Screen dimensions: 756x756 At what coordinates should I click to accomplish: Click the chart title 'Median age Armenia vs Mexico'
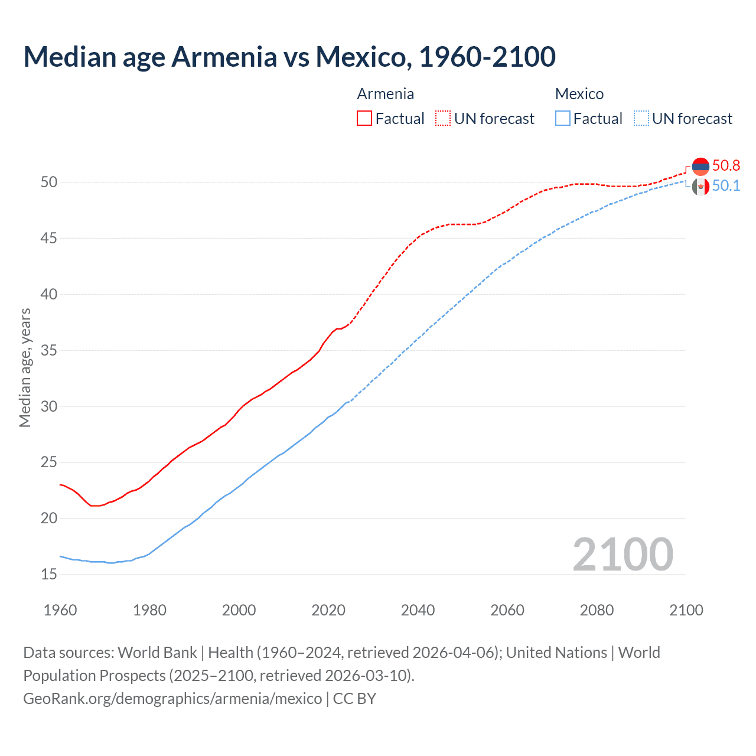pos(289,57)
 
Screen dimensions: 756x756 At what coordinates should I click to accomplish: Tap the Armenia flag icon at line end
pos(700,167)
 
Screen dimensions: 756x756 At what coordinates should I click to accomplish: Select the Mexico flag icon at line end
pos(700,187)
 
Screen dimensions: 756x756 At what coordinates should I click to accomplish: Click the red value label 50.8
pos(726,165)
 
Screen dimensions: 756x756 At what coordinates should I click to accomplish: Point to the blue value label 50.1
pos(726,185)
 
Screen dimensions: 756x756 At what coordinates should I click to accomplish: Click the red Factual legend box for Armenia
pos(364,118)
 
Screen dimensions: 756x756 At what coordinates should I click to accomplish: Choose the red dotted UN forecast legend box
pos(443,118)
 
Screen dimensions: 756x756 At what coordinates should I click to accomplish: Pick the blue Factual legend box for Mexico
pos(563,118)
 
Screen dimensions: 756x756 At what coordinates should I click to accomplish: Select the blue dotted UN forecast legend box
pos(641,118)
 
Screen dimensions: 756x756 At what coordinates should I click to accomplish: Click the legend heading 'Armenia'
pos(385,94)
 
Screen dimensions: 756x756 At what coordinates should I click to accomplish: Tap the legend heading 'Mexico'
pos(579,94)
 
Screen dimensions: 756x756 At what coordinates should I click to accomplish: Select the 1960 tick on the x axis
pos(60,610)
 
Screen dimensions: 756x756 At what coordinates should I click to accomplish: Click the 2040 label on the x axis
pos(418,610)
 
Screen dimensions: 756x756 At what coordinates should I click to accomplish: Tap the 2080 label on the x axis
pos(597,610)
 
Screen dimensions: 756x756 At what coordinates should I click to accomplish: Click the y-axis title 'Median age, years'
pos(25,367)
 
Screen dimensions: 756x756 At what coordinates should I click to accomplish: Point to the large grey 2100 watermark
pos(623,554)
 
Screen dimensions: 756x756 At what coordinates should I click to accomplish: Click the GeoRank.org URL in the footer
pos(172,698)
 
